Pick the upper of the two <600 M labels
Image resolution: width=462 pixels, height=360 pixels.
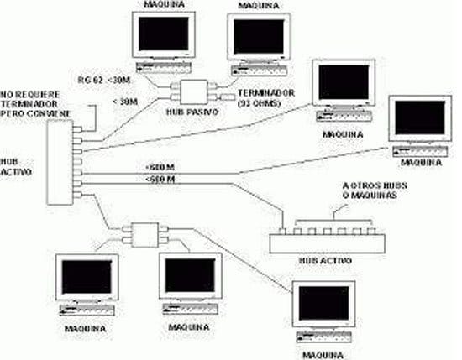[x=160, y=170]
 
